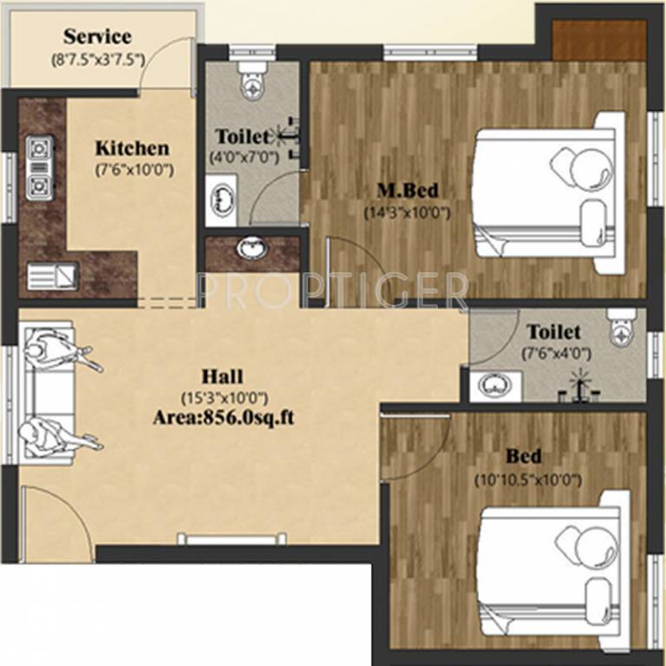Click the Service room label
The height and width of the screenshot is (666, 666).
click(x=97, y=36)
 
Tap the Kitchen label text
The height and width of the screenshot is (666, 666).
click(x=132, y=147)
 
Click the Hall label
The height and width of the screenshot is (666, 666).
click(x=222, y=376)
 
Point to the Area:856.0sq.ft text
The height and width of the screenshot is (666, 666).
click(x=224, y=416)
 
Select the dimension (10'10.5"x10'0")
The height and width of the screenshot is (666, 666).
click(x=526, y=479)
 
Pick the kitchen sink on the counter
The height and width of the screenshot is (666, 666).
click(x=52, y=276)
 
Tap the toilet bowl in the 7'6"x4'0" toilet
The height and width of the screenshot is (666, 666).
click(x=621, y=324)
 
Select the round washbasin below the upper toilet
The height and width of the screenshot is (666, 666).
click(x=252, y=250)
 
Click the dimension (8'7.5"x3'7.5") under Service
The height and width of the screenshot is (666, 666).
click(x=97, y=60)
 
